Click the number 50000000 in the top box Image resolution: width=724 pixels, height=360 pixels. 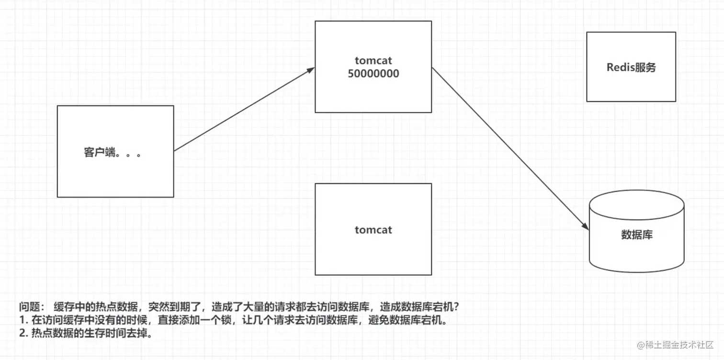(x=373, y=74)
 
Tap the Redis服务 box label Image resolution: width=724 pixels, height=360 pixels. (x=631, y=67)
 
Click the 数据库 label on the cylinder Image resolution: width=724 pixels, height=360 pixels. (x=637, y=235)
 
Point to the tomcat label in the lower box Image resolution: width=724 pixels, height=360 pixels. (x=373, y=230)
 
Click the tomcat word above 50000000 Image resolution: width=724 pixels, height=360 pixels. (x=373, y=61)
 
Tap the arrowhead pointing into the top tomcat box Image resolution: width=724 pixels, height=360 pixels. (x=311, y=70)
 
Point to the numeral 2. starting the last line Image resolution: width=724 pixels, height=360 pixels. (x=23, y=334)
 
